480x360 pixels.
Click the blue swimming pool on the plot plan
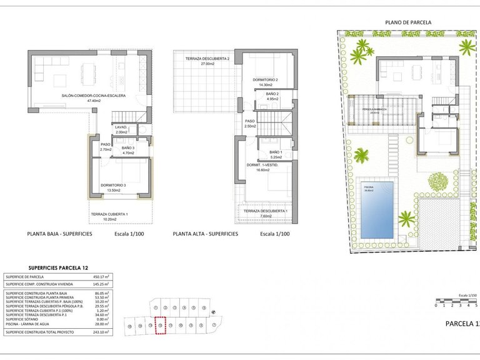tap(377, 209)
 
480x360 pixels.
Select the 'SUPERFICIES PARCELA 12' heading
tap(41, 267)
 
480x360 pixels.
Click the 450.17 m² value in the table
tap(101, 276)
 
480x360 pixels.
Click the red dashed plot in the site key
tap(161, 325)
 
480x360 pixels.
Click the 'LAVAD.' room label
tap(121, 127)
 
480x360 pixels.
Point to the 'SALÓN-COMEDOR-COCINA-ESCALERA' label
tap(94, 96)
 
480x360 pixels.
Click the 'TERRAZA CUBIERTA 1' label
tap(109, 214)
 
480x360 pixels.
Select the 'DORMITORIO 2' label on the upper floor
tap(265, 80)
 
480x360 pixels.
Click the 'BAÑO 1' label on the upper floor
tap(276, 152)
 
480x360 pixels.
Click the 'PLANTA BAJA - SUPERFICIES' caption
tap(60, 233)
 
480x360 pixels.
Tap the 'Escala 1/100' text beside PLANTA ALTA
tap(274, 233)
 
